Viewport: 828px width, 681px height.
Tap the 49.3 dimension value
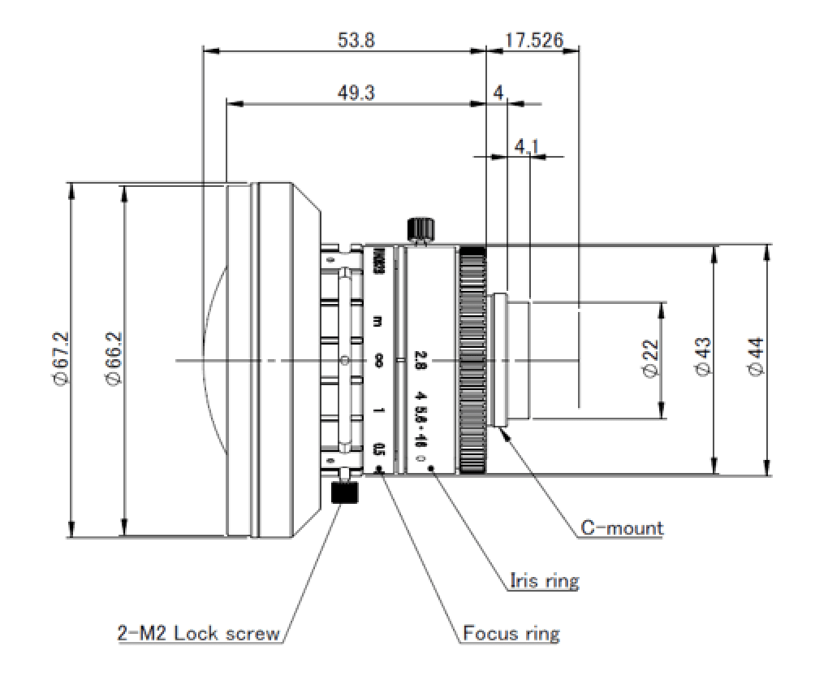(356, 93)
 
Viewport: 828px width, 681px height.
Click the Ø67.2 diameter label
(58, 360)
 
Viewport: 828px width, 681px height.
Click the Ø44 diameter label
(756, 358)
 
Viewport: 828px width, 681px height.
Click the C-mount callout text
(622, 528)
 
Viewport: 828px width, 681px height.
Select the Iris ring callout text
(544, 580)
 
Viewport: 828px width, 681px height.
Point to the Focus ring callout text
(511, 632)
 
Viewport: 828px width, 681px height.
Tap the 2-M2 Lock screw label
(198, 633)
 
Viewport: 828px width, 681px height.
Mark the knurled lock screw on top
(420, 228)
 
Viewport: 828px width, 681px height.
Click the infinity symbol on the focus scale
(378, 360)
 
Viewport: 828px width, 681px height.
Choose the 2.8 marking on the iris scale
(420, 359)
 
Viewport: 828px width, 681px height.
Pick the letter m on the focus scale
(377, 320)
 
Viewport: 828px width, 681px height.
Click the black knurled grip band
(472, 359)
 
